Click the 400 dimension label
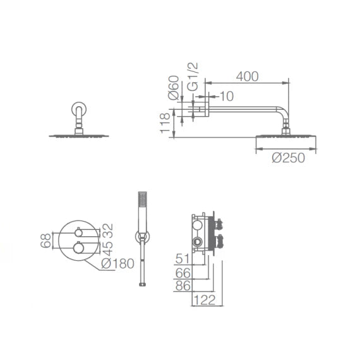click(x=248, y=76)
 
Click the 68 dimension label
click(x=46, y=240)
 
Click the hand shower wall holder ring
click(x=142, y=236)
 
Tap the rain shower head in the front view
click(x=79, y=135)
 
